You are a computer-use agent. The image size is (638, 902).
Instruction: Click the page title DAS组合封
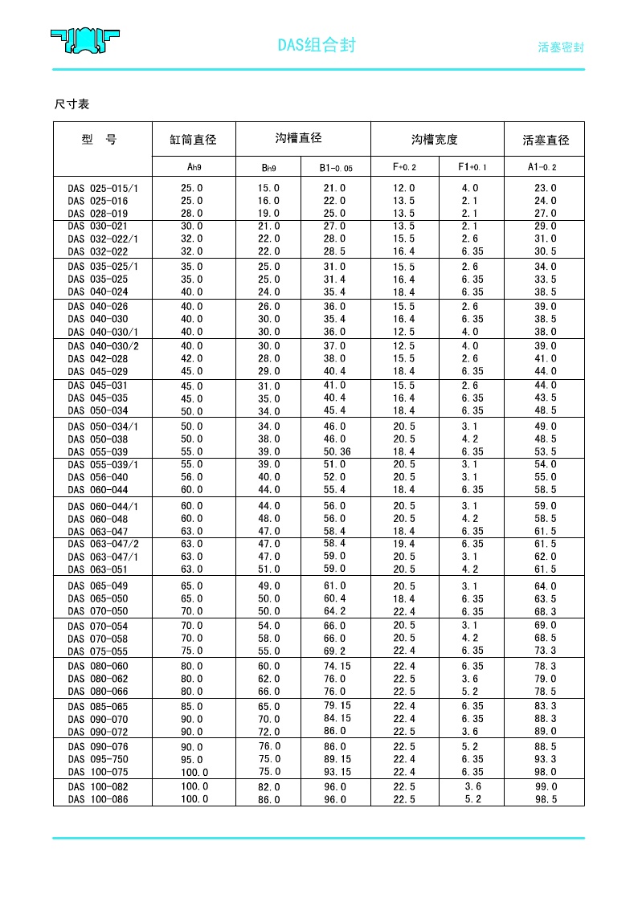point(317,46)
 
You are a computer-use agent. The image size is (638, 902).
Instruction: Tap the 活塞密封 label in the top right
point(560,47)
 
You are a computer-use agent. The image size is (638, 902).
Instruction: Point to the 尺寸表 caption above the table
point(72,104)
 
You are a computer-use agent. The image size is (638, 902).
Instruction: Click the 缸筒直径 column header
point(193,140)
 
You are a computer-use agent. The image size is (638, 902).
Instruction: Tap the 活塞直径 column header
point(546,140)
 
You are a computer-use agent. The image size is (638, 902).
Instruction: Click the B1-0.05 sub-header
point(336,168)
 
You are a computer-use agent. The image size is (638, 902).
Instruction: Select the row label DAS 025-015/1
point(103,188)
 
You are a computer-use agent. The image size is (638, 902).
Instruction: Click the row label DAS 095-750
point(98,759)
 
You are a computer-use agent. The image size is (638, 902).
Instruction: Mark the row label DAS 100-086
point(98,799)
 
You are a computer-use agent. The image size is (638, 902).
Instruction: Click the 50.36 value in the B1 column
point(337,451)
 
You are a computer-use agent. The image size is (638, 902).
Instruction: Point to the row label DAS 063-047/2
point(103,545)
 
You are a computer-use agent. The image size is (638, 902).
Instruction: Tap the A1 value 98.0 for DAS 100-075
point(546,772)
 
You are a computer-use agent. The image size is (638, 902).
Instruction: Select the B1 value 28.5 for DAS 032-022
point(334,251)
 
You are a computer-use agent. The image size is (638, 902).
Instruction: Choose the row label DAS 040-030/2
point(103,346)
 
